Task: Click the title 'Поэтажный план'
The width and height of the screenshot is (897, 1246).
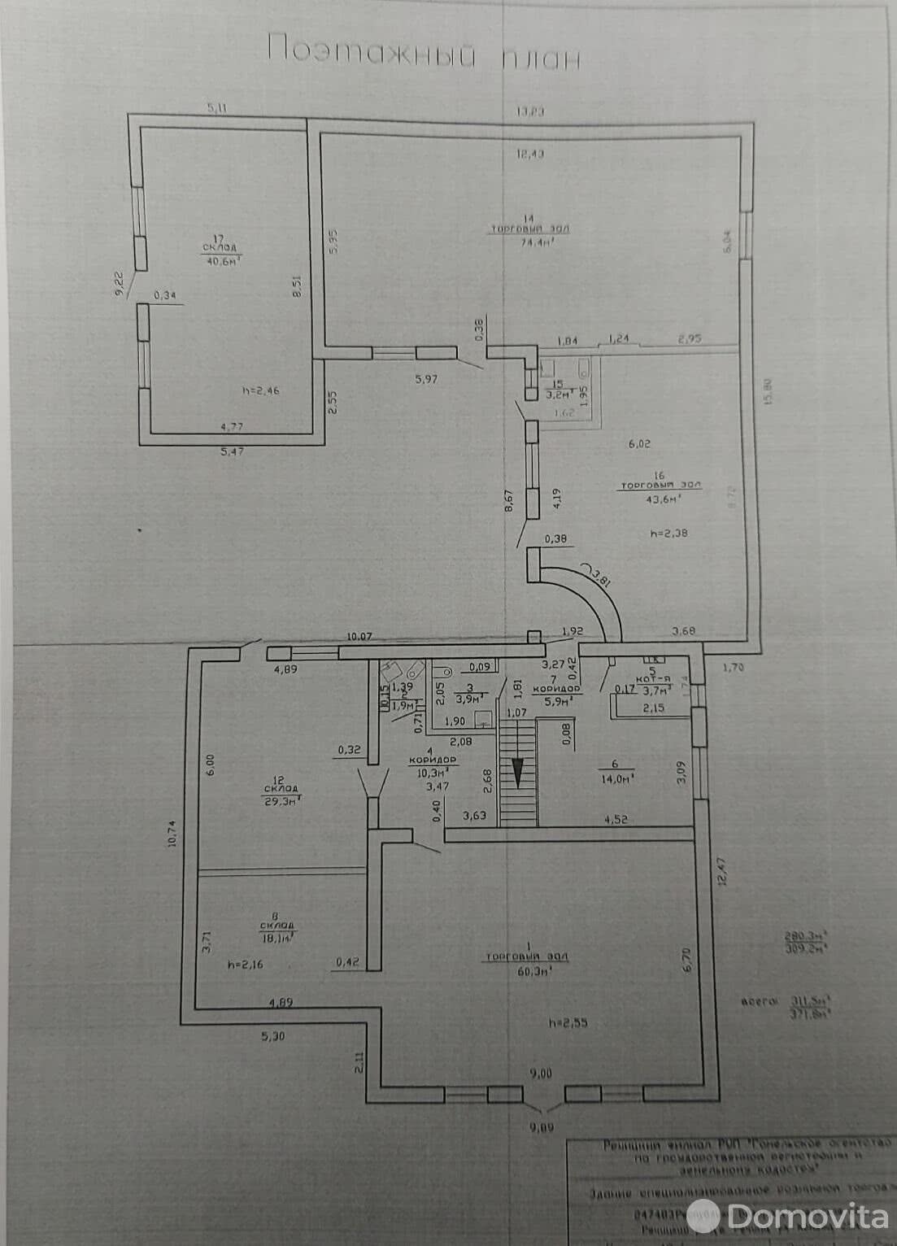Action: pos(424,51)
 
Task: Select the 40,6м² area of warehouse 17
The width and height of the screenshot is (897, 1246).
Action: pos(222,260)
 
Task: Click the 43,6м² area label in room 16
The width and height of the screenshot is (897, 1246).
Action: pos(660,499)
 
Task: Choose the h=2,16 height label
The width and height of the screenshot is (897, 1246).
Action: pos(248,965)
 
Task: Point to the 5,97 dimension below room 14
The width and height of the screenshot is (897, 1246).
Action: pos(425,378)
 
